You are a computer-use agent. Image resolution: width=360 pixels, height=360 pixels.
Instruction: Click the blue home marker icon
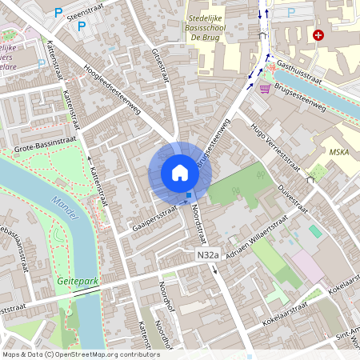[x=180, y=173]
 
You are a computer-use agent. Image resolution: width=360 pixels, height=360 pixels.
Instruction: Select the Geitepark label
[x=77, y=282]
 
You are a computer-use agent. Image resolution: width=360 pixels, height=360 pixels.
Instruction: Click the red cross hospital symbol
[x=318, y=35]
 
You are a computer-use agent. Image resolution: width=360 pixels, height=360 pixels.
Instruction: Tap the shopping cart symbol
[x=264, y=88]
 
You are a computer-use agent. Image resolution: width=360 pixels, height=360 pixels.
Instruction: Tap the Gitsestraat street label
[x=160, y=65]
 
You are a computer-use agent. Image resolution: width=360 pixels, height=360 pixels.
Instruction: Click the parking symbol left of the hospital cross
[x=290, y=13]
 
